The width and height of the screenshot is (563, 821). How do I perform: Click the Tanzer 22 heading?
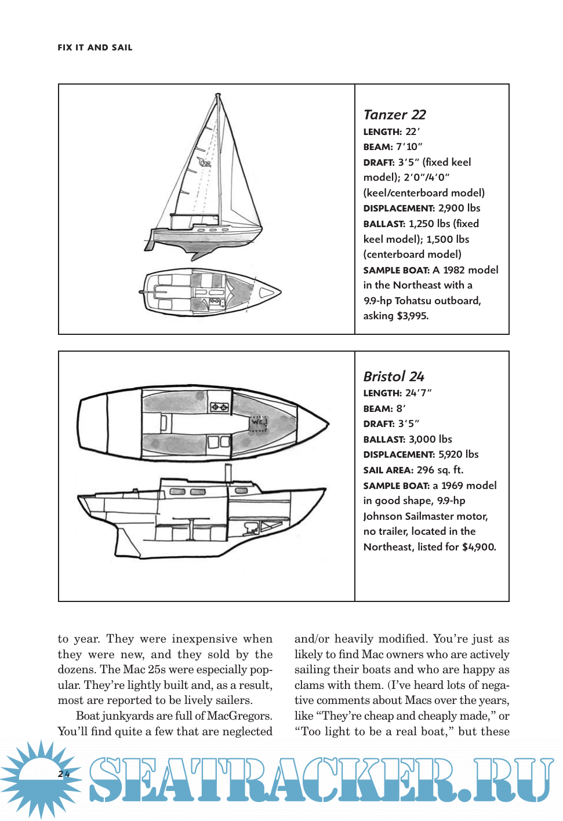coord(394,115)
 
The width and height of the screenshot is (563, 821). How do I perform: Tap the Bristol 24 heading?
coord(394,377)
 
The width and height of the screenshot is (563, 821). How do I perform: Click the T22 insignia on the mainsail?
coord(204,163)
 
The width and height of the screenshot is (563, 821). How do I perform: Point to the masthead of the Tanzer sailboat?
coord(218,94)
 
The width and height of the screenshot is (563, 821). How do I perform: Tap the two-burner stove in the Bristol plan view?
coord(219,407)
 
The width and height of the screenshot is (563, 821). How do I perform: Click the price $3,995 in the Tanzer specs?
coord(412,316)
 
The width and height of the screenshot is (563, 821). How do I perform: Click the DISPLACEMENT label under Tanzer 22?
coord(398,209)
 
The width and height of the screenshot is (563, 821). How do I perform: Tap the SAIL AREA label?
coord(388,470)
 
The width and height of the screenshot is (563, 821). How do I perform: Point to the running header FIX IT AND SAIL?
coord(95,48)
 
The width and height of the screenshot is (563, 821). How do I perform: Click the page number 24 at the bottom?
coord(64,773)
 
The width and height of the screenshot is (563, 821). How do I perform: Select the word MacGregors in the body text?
coord(238,716)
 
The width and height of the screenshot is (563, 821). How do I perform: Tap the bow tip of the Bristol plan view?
coord(328,424)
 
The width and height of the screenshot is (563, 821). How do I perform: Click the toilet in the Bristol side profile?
coord(251,527)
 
